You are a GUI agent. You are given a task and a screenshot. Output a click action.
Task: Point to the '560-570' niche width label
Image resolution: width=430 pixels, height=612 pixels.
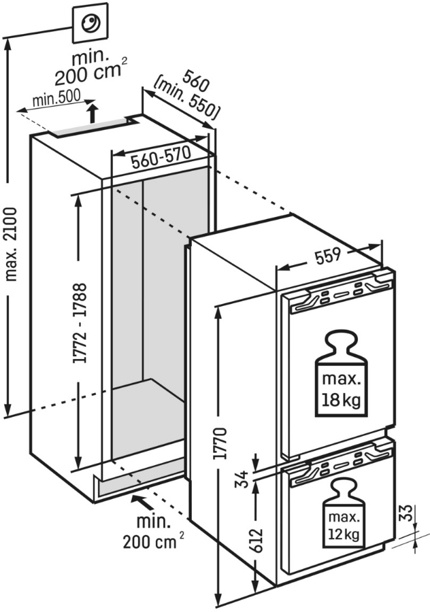point(161,160)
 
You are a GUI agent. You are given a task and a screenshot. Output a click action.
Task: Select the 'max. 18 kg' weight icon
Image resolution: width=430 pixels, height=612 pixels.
point(340,373)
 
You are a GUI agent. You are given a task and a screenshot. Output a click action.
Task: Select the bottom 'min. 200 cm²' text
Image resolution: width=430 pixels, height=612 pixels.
point(153,532)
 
